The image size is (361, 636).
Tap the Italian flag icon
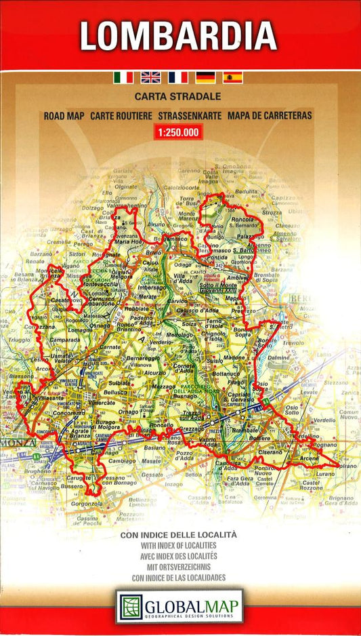pos(123,77)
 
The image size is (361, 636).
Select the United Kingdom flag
pos(150,77)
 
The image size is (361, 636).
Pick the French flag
pos(178,77)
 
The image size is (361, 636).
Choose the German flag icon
pos(205,77)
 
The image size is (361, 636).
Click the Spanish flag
pos(232,77)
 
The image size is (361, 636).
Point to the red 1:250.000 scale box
pos(178,133)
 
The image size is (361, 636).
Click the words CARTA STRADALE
pos(178,97)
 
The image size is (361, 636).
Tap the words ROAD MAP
pos(64,116)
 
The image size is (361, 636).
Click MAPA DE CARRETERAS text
pos(270,116)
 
